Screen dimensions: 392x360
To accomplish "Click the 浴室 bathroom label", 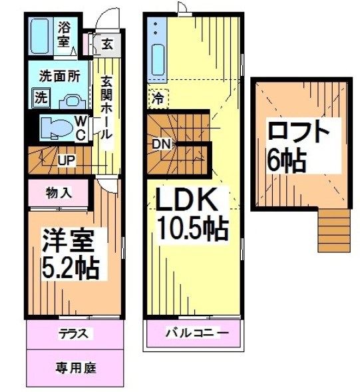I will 64,35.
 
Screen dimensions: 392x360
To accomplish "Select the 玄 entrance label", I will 106,45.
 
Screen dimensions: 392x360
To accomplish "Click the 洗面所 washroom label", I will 56,75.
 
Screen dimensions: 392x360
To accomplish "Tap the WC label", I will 79,127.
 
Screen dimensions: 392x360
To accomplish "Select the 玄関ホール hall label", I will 106,106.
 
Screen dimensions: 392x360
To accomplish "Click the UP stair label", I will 67,161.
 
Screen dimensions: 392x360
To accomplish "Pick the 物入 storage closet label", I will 59,194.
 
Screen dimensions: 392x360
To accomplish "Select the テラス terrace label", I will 74,333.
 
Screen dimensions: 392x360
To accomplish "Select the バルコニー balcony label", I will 197,333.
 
